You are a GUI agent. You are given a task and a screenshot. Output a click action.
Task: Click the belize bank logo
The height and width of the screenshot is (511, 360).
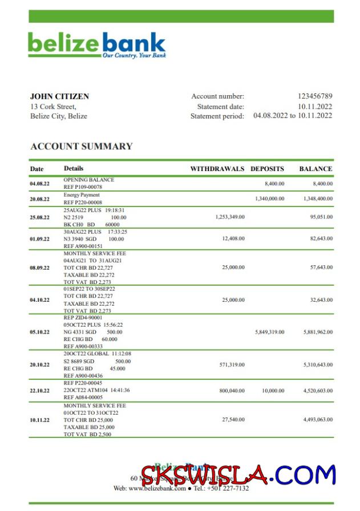click(97, 45)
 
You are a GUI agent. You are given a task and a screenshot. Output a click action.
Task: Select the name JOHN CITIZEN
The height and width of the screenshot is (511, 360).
click(59, 96)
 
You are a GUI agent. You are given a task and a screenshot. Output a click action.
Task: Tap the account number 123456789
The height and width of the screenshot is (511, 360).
click(315, 96)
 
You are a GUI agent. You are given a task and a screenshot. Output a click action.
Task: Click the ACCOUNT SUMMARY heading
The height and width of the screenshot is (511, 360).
click(81, 147)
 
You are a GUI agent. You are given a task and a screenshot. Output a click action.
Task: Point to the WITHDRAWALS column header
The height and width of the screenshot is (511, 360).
click(217, 169)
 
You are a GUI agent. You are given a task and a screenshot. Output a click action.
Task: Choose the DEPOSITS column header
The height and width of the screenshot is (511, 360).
click(267, 169)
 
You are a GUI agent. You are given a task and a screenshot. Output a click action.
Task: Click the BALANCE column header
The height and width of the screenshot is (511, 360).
click(315, 169)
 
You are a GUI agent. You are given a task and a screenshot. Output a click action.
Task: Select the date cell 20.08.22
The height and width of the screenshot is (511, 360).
click(40, 199)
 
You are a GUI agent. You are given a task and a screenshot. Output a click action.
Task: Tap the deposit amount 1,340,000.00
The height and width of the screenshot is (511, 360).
click(270, 198)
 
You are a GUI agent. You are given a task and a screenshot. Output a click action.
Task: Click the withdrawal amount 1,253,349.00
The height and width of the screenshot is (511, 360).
click(230, 217)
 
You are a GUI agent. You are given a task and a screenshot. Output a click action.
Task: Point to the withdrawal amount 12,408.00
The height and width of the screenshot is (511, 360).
click(233, 238)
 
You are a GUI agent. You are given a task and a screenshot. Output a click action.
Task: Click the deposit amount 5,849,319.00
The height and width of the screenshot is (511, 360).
click(270, 331)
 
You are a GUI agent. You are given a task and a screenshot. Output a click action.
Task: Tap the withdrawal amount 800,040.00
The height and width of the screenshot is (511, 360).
click(232, 391)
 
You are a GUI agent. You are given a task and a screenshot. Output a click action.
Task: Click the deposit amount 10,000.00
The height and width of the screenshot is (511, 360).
click(273, 391)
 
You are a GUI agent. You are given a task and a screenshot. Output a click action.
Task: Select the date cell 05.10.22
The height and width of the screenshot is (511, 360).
click(40, 331)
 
